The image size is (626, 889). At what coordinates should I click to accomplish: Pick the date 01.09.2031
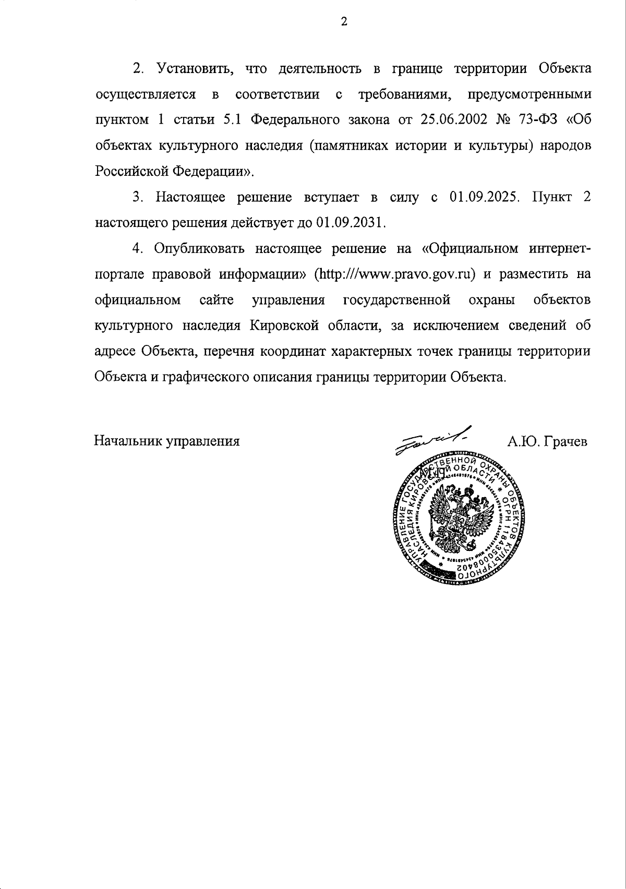(x=350, y=223)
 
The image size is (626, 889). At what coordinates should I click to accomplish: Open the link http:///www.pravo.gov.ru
(x=395, y=274)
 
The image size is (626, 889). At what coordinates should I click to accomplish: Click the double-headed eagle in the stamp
(x=460, y=517)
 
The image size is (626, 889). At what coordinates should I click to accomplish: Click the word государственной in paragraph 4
(x=397, y=301)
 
